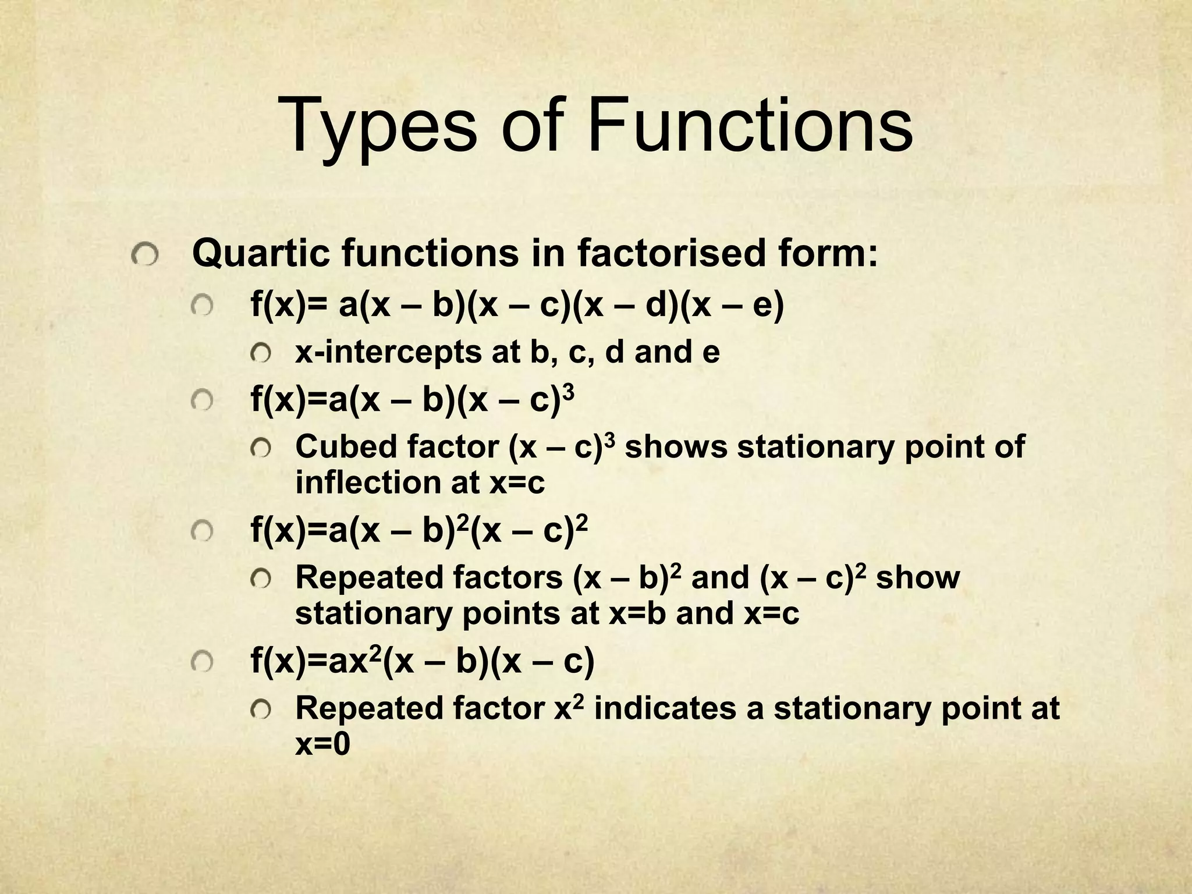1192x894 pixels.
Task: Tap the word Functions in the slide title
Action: pos(750,125)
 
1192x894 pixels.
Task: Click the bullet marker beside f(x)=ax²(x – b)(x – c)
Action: pos(201,661)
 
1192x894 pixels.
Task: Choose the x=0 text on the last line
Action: pos(323,744)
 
